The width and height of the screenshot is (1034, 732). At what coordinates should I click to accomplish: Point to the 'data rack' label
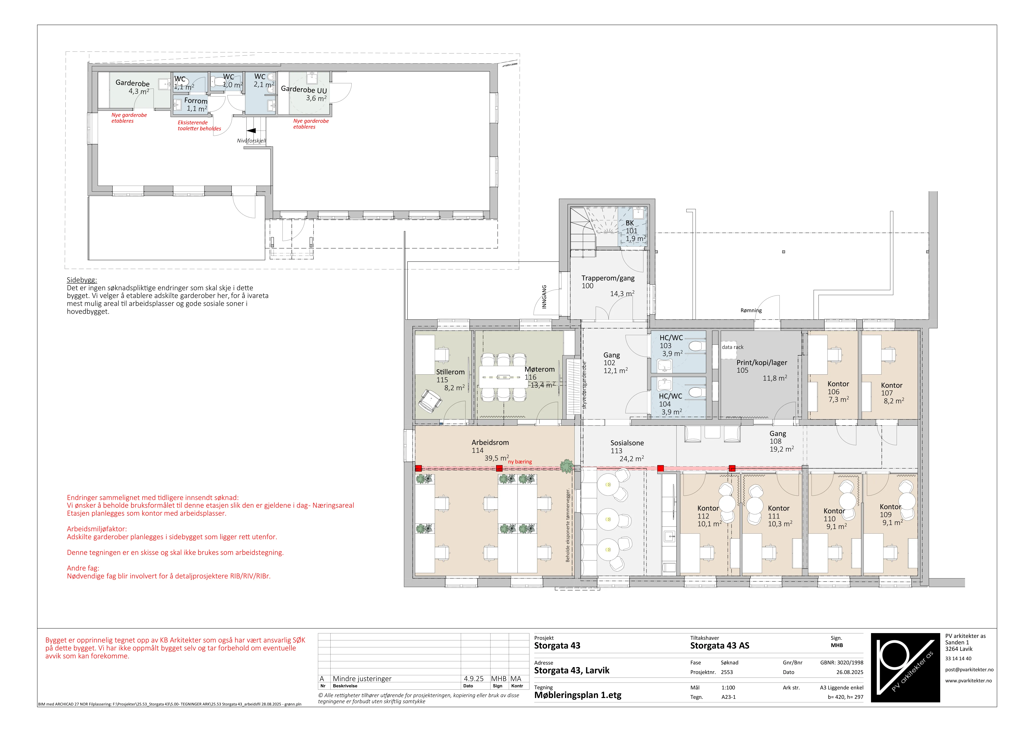click(733, 347)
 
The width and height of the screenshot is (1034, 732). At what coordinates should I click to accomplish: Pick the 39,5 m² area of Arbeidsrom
click(497, 458)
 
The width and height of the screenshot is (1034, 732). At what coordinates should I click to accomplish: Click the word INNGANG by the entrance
click(544, 297)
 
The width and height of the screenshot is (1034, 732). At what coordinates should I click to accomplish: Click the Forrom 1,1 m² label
click(196, 105)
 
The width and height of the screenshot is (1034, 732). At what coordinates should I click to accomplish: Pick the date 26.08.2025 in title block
click(850, 672)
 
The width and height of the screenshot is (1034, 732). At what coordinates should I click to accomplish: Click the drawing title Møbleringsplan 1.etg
click(578, 695)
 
